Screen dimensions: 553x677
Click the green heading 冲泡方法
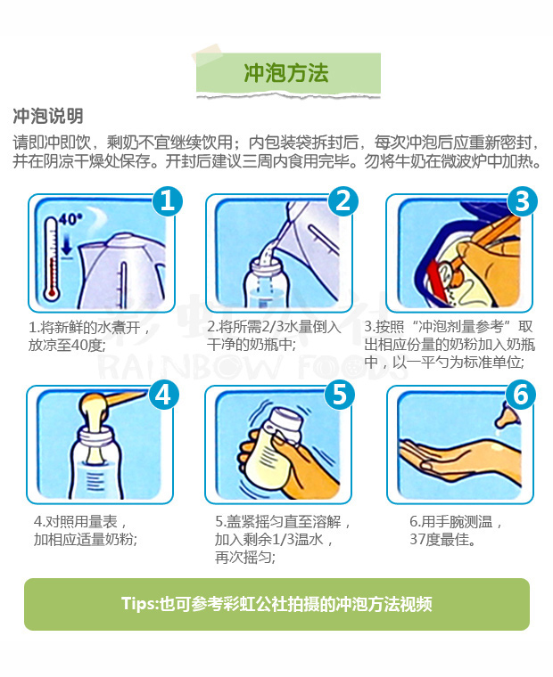285,72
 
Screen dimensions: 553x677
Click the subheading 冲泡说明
48,116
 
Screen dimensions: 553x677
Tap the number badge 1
168,201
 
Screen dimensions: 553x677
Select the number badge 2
343,201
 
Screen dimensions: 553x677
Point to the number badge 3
523,201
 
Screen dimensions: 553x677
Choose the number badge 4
163,395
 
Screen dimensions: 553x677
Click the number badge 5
340,395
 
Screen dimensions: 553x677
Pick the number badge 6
521,395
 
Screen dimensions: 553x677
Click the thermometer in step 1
51,259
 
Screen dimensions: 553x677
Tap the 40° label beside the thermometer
70,219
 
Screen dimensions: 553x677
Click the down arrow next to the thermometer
67,245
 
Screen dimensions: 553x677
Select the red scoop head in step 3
435,281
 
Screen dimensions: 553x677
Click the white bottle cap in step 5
286,424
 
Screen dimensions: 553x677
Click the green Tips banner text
276,604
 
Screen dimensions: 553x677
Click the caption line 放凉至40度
67,346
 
